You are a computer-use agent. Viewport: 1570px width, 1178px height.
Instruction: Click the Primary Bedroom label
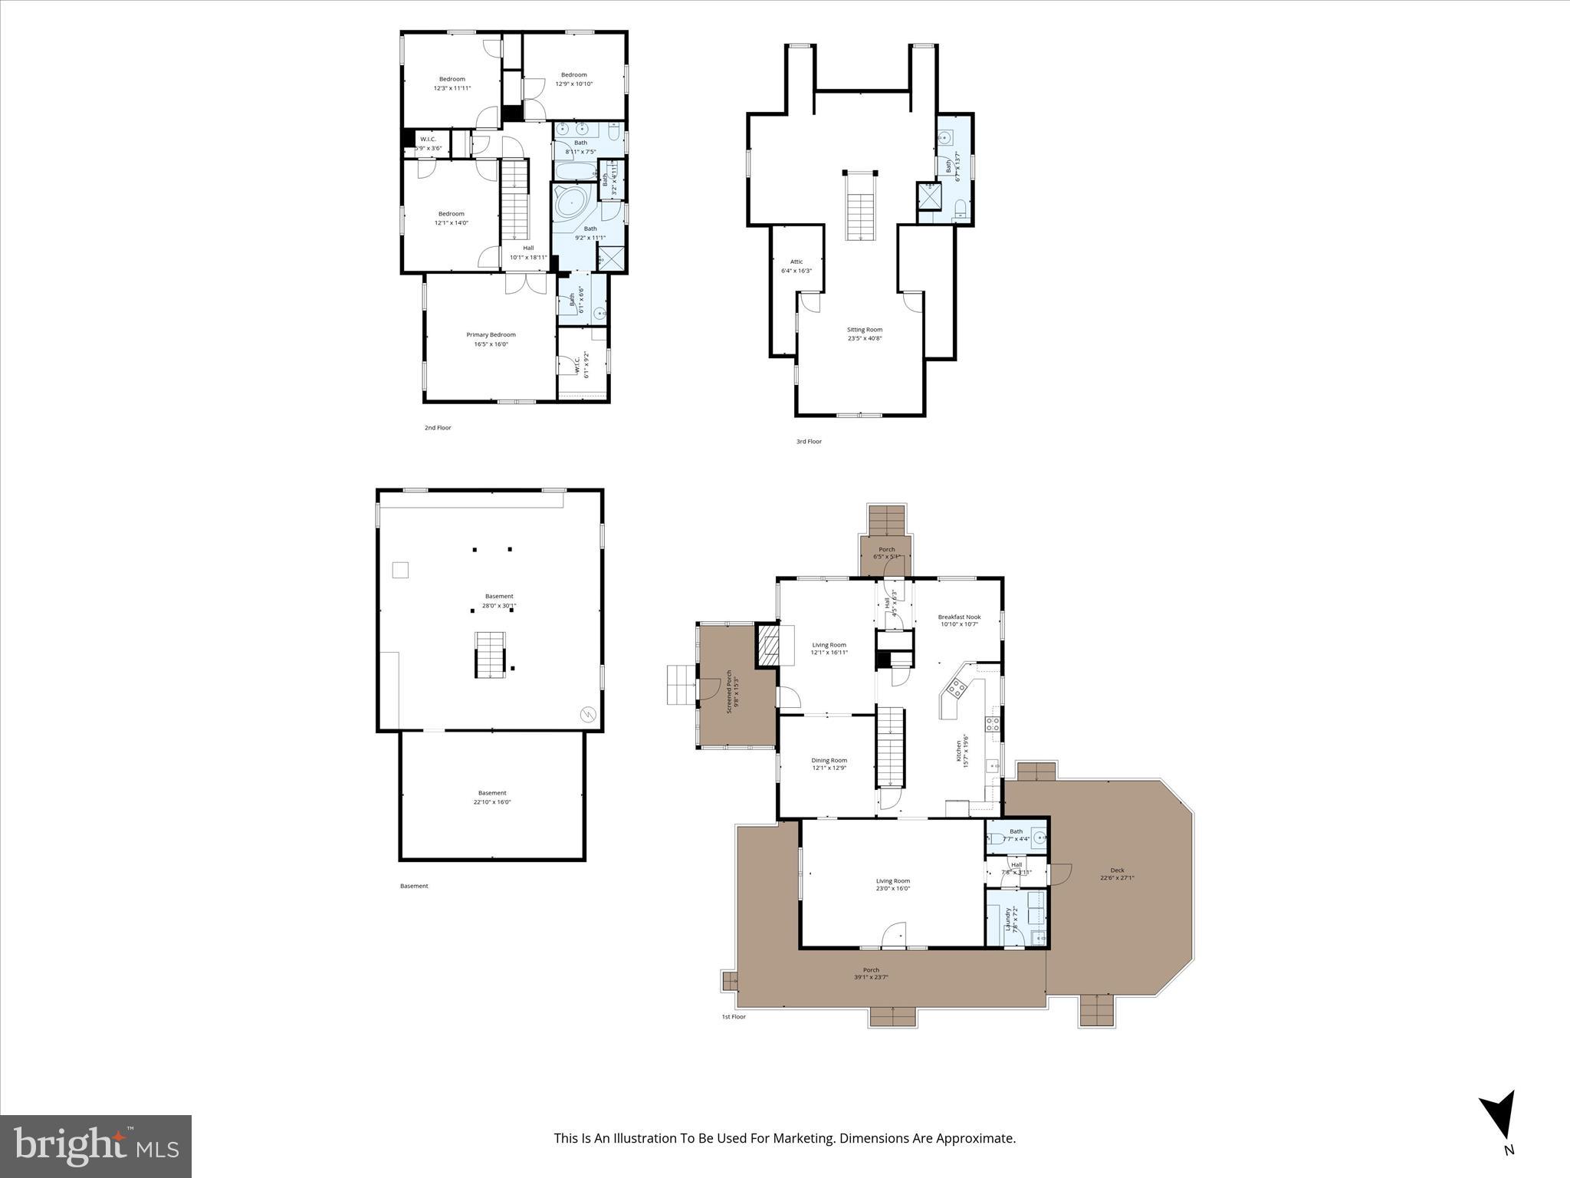tap(491, 334)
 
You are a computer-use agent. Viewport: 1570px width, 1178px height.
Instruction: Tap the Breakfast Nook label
tap(959, 617)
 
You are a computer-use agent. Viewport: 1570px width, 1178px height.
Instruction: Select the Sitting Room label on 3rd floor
tap(864, 330)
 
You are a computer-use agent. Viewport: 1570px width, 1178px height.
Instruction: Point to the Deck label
tap(1117, 870)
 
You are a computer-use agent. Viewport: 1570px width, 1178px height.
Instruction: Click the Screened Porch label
tap(730, 692)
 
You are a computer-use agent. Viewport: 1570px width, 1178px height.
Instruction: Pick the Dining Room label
tap(829, 760)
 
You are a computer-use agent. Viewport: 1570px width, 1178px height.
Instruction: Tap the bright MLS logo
tap(96, 1146)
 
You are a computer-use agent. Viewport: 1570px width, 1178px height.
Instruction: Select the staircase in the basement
tap(491, 654)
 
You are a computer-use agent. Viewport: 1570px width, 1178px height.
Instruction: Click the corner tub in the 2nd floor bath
tap(572, 204)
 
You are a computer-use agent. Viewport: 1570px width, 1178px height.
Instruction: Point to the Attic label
tap(796, 262)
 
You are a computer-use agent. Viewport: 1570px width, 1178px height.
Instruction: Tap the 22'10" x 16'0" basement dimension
tap(491, 802)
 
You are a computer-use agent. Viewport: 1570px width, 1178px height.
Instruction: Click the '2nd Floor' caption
tap(438, 428)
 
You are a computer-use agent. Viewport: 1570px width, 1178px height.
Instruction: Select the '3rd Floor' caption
tap(808, 442)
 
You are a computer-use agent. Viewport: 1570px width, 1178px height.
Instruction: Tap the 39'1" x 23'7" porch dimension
tap(871, 977)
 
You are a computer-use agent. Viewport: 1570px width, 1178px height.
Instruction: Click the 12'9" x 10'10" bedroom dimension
tap(573, 84)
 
